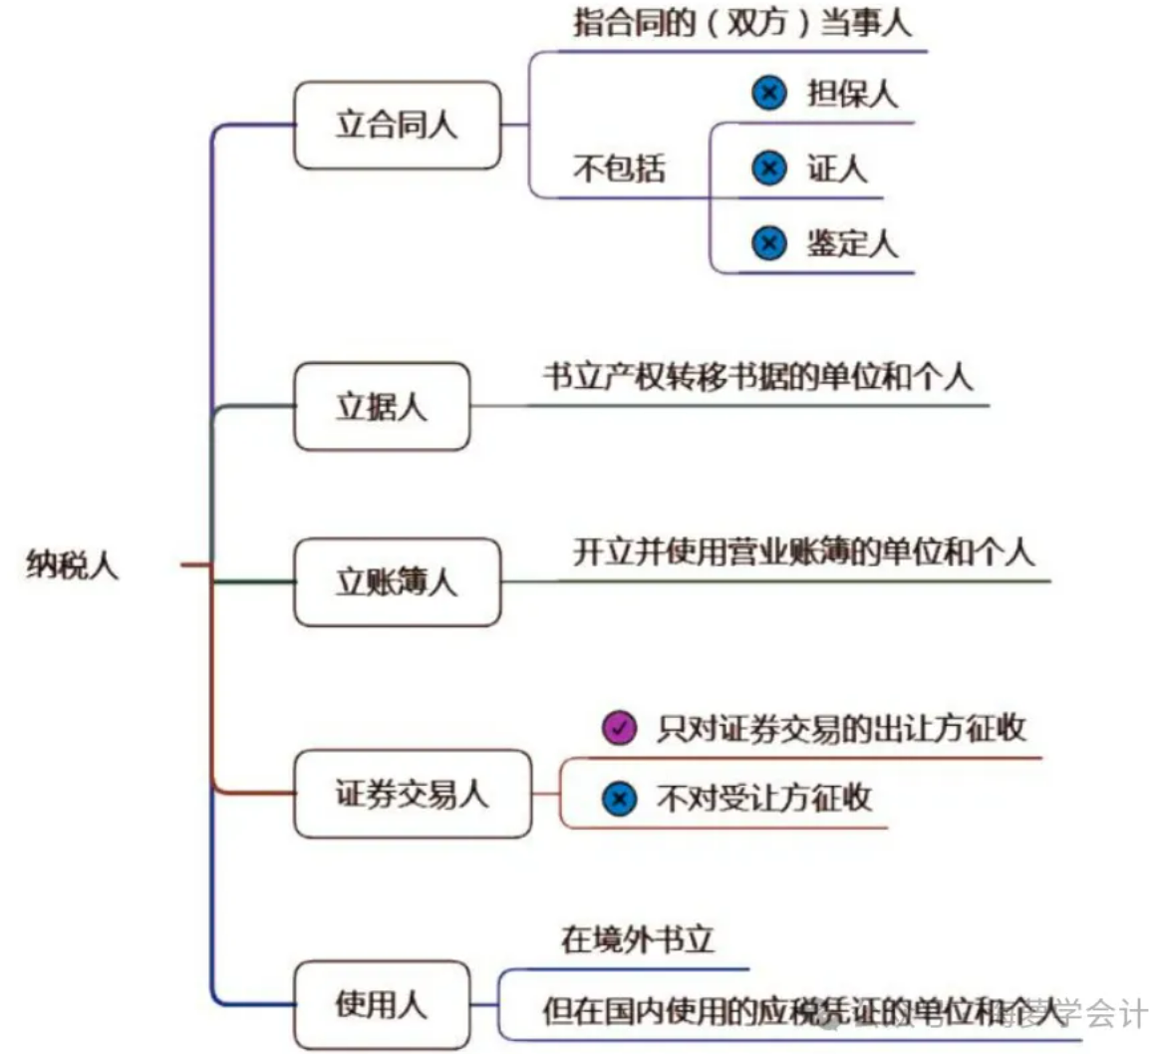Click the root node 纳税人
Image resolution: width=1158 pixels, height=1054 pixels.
click(72, 565)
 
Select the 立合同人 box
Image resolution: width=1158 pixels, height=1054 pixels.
click(397, 126)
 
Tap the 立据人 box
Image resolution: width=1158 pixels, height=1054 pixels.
click(382, 407)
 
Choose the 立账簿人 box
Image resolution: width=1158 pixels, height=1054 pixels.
click(397, 582)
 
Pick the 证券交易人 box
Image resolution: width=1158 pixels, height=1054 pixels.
click(412, 794)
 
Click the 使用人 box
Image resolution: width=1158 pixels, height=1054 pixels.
click(382, 1004)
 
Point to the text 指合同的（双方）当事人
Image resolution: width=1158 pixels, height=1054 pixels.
click(741, 22)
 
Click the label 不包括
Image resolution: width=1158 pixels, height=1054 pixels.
click(618, 168)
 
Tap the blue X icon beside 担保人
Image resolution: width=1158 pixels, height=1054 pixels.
click(768, 94)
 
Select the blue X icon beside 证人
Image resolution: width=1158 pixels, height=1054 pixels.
click(768, 168)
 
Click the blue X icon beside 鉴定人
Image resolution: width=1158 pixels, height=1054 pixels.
click(768, 242)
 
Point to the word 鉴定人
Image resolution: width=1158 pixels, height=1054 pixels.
click(852, 242)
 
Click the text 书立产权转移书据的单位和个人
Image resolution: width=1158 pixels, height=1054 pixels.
click(757, 378)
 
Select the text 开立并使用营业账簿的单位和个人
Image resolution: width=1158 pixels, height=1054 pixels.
click(803, 552)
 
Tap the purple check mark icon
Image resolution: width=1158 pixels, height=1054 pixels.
click(619, 728)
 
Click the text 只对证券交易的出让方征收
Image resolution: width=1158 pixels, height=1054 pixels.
click(841, 728)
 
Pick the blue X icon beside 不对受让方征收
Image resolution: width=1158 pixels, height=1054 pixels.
click(619, 799)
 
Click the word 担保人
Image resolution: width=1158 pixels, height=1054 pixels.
click(852, 94)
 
